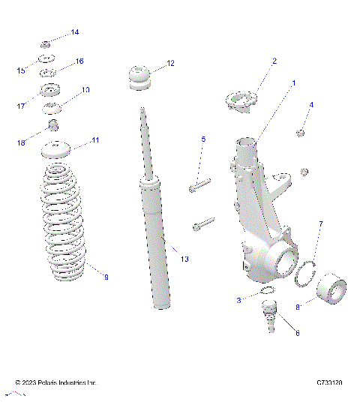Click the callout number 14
coord(74,32)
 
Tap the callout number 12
coord(170,64)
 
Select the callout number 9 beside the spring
coord(106,277)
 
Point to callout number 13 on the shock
coord(184,259)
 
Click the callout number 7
coord(320,224)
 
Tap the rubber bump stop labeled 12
coord(139,79)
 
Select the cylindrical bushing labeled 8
coord(331,290)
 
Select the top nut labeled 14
coord(46,43)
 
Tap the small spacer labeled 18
coord(54,124)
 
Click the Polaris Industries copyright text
coord(56,382)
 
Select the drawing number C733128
coord(329,382)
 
